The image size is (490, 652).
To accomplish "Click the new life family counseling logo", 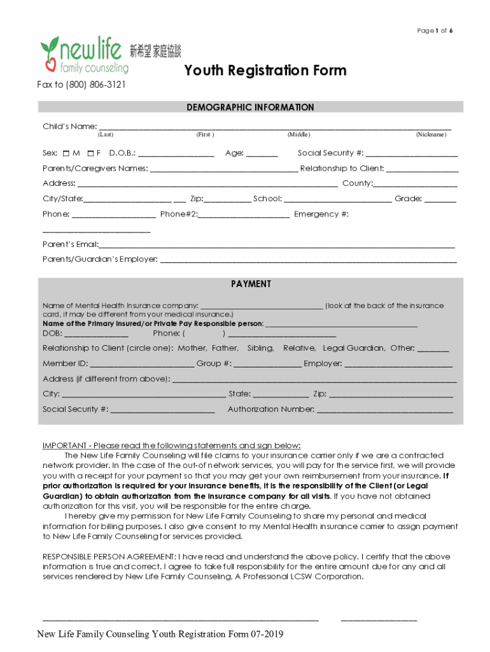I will [85, 54].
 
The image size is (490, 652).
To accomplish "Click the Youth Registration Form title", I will [265, 70].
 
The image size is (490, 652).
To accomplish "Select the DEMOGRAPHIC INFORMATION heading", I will [250, 108].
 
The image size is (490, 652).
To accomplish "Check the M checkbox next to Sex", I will [67, 153].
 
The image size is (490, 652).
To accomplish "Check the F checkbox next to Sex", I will [90, 153].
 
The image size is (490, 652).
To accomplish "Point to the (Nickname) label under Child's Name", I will [431, 135].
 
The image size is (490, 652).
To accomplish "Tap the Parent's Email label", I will [71, 244].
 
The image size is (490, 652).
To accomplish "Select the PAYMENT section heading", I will [251, 284].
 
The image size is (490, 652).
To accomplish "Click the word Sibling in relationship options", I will [260, 348].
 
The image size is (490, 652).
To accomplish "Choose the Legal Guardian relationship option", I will [354, 348].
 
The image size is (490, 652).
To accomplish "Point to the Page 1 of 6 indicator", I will [435, 31].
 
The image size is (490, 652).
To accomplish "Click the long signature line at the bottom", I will [180, 618].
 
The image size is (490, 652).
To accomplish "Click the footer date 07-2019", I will [267, 634].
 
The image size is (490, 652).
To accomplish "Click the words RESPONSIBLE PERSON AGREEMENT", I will [109, 556].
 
